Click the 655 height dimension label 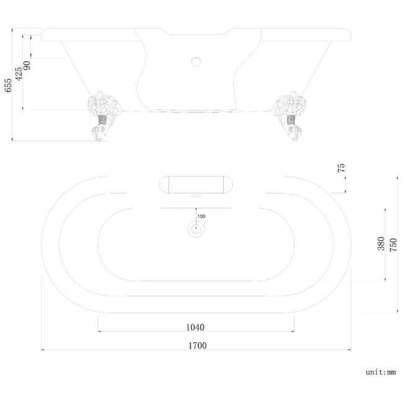point(7,85)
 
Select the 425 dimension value point(19,73)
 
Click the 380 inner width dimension point(381,243)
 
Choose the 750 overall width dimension point(392,243)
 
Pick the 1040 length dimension point(195,327)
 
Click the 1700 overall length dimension point(197,345)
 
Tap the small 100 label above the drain point(201,216)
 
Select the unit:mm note point(380,372)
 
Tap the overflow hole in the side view point(196,61)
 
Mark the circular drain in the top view point(196,229)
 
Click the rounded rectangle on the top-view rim point(196,185)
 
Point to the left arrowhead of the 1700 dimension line point(43,350)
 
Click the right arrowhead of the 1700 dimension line point(349,350)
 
